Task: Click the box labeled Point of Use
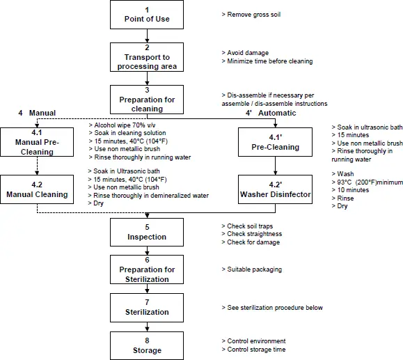point(147,15)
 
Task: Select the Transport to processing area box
point(147,57)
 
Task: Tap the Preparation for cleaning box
point(147,99)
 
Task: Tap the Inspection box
point(147,232)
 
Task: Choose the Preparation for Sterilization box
point(147,269)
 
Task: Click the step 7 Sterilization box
point(147,307)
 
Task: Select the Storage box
point(147,345)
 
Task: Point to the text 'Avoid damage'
point(247,53)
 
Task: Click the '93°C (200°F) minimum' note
point(368,182)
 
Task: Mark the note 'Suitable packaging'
point(253,269)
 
